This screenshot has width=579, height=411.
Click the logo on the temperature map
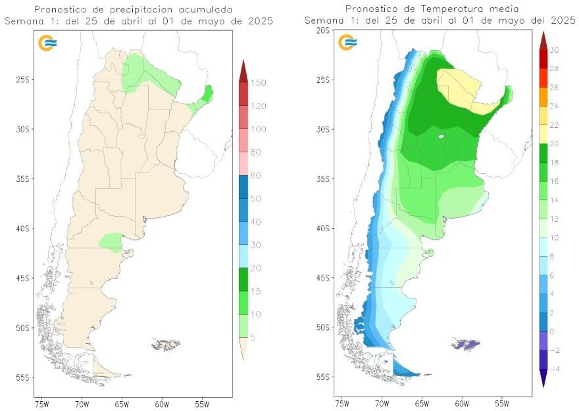347,43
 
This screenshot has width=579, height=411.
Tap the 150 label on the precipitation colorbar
258,82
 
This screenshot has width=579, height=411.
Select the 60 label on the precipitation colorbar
256,175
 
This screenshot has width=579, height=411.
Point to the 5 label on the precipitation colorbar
254,338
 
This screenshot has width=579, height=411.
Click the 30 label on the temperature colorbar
554,50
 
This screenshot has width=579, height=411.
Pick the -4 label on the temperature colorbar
554,370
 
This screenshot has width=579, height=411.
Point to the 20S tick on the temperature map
322,30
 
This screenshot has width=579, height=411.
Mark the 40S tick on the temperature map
322,229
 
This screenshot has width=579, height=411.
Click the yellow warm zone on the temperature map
461,89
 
